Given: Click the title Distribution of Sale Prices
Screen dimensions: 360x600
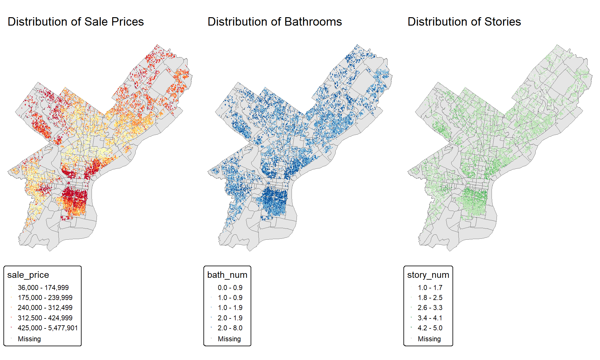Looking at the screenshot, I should [x=76, y=22].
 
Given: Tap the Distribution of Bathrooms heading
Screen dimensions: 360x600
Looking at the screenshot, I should [x=275, y=22].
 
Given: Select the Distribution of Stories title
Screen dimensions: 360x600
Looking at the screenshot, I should [x=464, y=22].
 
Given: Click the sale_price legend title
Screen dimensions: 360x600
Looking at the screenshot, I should [x=28, y=275].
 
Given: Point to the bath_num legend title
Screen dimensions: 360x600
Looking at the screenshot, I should [x=227, y=275].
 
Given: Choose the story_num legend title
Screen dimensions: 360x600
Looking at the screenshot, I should [x=428, y=275].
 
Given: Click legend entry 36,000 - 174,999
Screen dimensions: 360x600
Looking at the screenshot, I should [x=43, y=287].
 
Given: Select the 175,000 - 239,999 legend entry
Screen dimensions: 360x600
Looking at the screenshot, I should [x=45, y=297].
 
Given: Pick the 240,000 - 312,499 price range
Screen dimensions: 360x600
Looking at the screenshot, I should [x=45, y=307].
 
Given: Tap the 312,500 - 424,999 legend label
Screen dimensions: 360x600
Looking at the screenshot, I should [x=45, y=318].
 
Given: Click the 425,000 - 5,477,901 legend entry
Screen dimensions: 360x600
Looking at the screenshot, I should [x=47, y=328].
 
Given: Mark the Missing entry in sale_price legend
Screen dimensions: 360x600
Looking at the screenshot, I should [x=29, y=339].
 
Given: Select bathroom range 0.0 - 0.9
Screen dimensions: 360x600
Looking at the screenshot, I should [x=230, y=287].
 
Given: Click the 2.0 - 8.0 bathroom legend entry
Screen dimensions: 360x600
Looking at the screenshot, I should [x=230, y=328].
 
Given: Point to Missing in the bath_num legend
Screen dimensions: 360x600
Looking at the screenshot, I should [x=229, y=339].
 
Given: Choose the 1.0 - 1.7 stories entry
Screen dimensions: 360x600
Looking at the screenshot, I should [x=430, y=287].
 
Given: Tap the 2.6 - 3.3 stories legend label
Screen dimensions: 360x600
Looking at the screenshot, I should [x=430, y=307].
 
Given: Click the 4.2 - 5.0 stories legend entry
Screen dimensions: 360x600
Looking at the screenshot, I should [x=430, y=328].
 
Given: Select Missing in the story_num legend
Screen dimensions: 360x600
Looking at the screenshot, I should [x=429, y=339].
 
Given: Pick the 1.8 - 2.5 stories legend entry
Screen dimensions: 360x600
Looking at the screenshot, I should [x=430, y=297].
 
